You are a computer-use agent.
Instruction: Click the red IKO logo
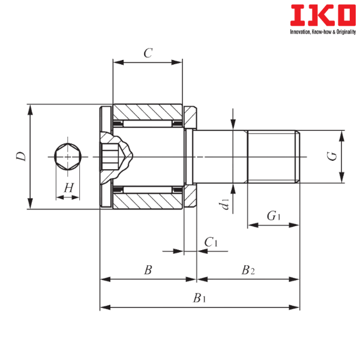pyautogui.click(x=323, y=16)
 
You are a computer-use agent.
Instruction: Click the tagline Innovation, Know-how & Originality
pyautogui.click(x=323, y=32)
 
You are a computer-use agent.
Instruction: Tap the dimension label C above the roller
pyautogui.click(x=148, y=53)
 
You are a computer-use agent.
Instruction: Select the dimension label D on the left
pyautogui.click(x=21, y=157)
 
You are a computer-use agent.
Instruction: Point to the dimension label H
pyautogui.click(x=68, y=188)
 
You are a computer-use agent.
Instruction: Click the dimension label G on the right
pyautogui.click(x=332, y=157)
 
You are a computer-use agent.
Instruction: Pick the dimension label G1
pyautogui.click(x=274, y=216)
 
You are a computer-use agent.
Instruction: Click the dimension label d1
pyautogui.click(x=224, y=205)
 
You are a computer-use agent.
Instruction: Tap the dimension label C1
pyautogui.click(x=211, y=242)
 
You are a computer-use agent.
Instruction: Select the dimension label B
pyautogui.click(x=148, y=270)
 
